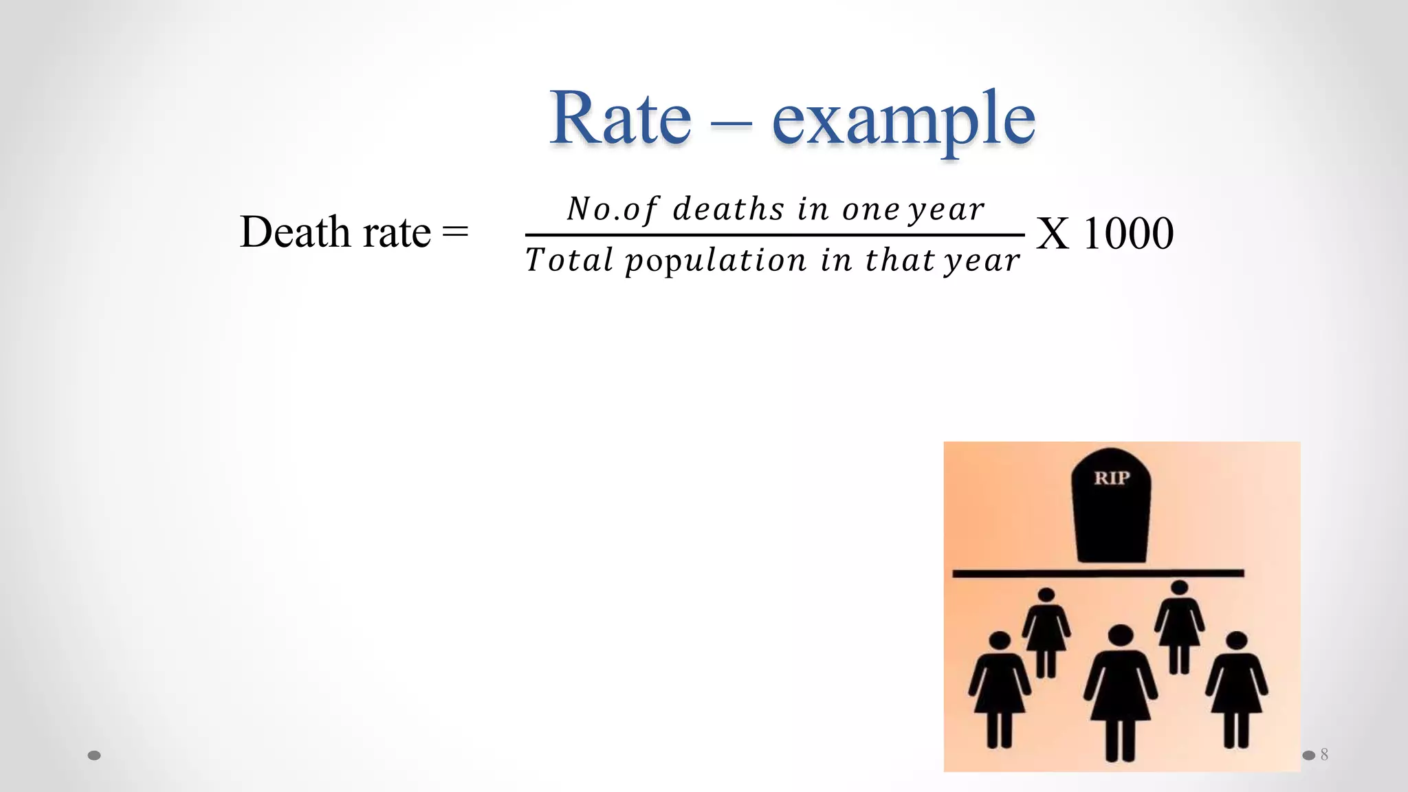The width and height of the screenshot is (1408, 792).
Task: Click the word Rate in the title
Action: (620, 118)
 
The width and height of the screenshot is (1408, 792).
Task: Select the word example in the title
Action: (903, 120)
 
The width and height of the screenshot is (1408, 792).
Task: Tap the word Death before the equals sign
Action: (295, 232)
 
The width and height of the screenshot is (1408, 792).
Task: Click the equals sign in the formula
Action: (455, 232)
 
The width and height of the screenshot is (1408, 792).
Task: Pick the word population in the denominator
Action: (716, 261)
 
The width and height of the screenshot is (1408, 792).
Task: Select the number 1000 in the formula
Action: (1128, 234)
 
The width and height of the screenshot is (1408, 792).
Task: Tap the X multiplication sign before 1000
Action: (1053, 234)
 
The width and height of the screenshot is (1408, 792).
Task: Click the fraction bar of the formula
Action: (775, 235)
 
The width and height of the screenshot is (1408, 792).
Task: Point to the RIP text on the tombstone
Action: (1112, 478)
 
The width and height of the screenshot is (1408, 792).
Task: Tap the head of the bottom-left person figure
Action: (1000, 641)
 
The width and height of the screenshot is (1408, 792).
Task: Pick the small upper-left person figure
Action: (1046, 629)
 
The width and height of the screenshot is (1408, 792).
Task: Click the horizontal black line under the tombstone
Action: (1098, 573)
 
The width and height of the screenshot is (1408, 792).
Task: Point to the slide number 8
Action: (1324, 755)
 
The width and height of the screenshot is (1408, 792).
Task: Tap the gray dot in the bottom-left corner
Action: (95, 756)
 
